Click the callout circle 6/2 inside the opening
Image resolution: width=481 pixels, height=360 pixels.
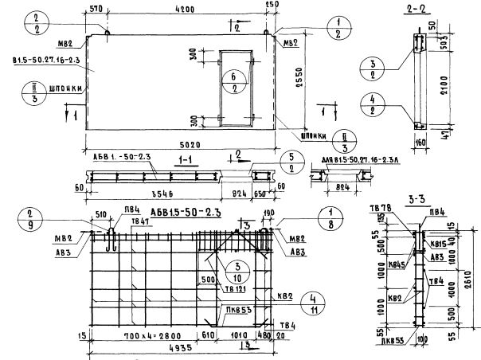[234, 82]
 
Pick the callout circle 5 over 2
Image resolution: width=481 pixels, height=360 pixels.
[293, 163]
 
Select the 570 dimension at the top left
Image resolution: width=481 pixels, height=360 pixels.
[97, 10]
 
